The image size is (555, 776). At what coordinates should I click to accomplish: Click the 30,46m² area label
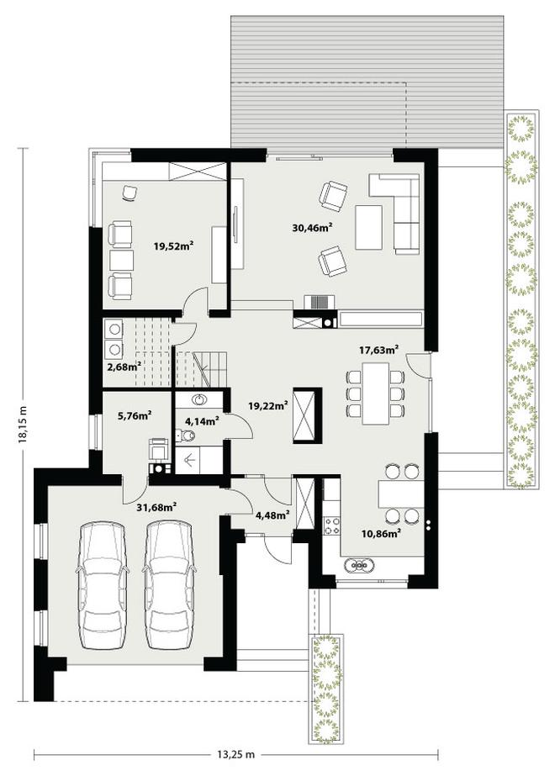click(x=312, y=228)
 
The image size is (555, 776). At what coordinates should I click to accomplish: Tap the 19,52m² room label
click(x=172, y=245)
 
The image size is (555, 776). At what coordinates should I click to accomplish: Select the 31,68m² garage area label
click(x=157, y=506)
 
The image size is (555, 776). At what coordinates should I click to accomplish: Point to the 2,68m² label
click(x=123, y=367)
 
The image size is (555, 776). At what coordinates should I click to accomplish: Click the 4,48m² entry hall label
click(x=272, y=515)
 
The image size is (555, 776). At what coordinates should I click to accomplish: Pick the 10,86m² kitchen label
click(x=380, y=533)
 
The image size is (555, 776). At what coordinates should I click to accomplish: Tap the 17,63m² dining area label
click(x=379, y=351)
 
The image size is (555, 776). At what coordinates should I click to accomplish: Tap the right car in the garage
click(x=169, y=584)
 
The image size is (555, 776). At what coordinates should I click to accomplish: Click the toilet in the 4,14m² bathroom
click(x=188, y=436)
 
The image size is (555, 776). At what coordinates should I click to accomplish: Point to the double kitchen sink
click(x=358, y=565)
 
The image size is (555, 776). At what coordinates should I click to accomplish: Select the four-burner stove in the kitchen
click(x=331, y=525)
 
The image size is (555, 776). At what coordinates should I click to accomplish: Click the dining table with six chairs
click(x=376, y=393)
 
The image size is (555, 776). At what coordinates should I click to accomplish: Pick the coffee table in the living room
click(x=369, y=228)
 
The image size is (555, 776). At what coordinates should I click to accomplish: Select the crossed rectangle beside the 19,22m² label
click(x=304, y=415)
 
